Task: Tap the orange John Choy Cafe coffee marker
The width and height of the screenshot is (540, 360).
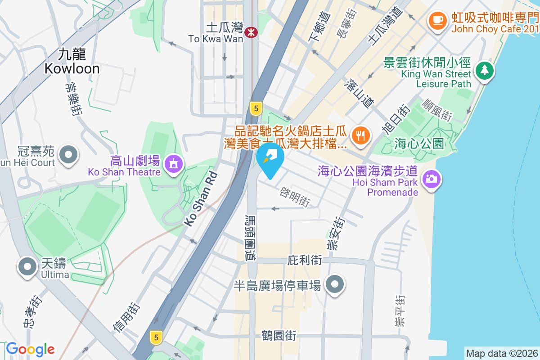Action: (x=436, y=19)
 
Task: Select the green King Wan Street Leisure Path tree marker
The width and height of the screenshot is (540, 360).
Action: (x=484, y=70)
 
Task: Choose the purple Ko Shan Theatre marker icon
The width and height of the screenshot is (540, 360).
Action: (x=174, y=163)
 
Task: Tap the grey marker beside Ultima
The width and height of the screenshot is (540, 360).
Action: (x=27, y=266)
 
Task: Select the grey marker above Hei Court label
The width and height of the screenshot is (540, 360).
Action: (x=68, y=155)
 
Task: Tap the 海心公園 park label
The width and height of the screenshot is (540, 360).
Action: (x=419, y=144)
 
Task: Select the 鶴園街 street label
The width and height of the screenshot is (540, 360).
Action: (x=279, y=335)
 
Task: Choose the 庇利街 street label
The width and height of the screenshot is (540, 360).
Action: (x=305, y=260)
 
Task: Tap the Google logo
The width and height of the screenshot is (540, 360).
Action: (x=31, y=349)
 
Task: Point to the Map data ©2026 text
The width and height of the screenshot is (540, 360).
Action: (x=502, y=353)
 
